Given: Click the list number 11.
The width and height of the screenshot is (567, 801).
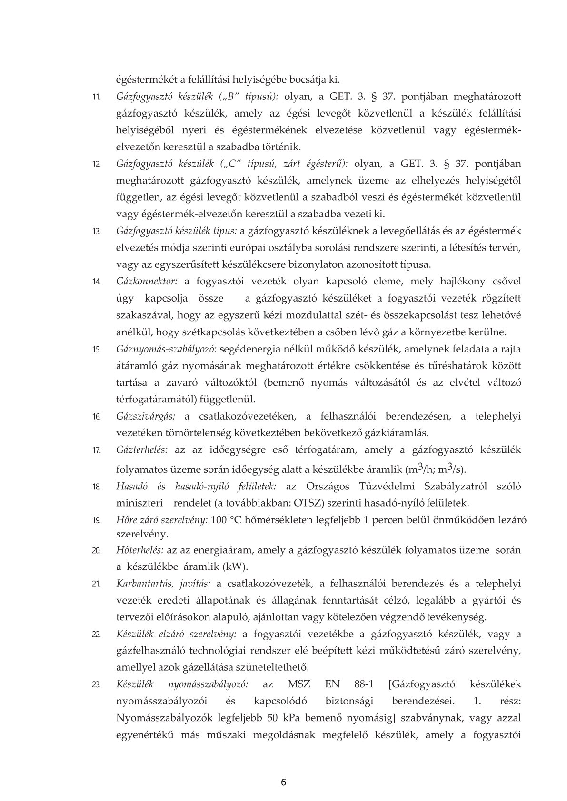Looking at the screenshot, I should pyautogui.click(x=96, y=98).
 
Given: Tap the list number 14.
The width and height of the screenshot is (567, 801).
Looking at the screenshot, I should pyautogui.click(x=96, y=282).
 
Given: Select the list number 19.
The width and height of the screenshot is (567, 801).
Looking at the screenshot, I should pyautogui.click(x=96, y=520).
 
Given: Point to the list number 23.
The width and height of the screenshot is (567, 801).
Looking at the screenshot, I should pyautogui.click(x=96, y=685).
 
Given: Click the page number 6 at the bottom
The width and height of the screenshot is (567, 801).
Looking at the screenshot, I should pyautogui.click(x=284, y=782).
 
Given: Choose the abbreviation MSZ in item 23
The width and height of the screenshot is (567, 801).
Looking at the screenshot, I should pyautogui.click(x=299, y=685).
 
